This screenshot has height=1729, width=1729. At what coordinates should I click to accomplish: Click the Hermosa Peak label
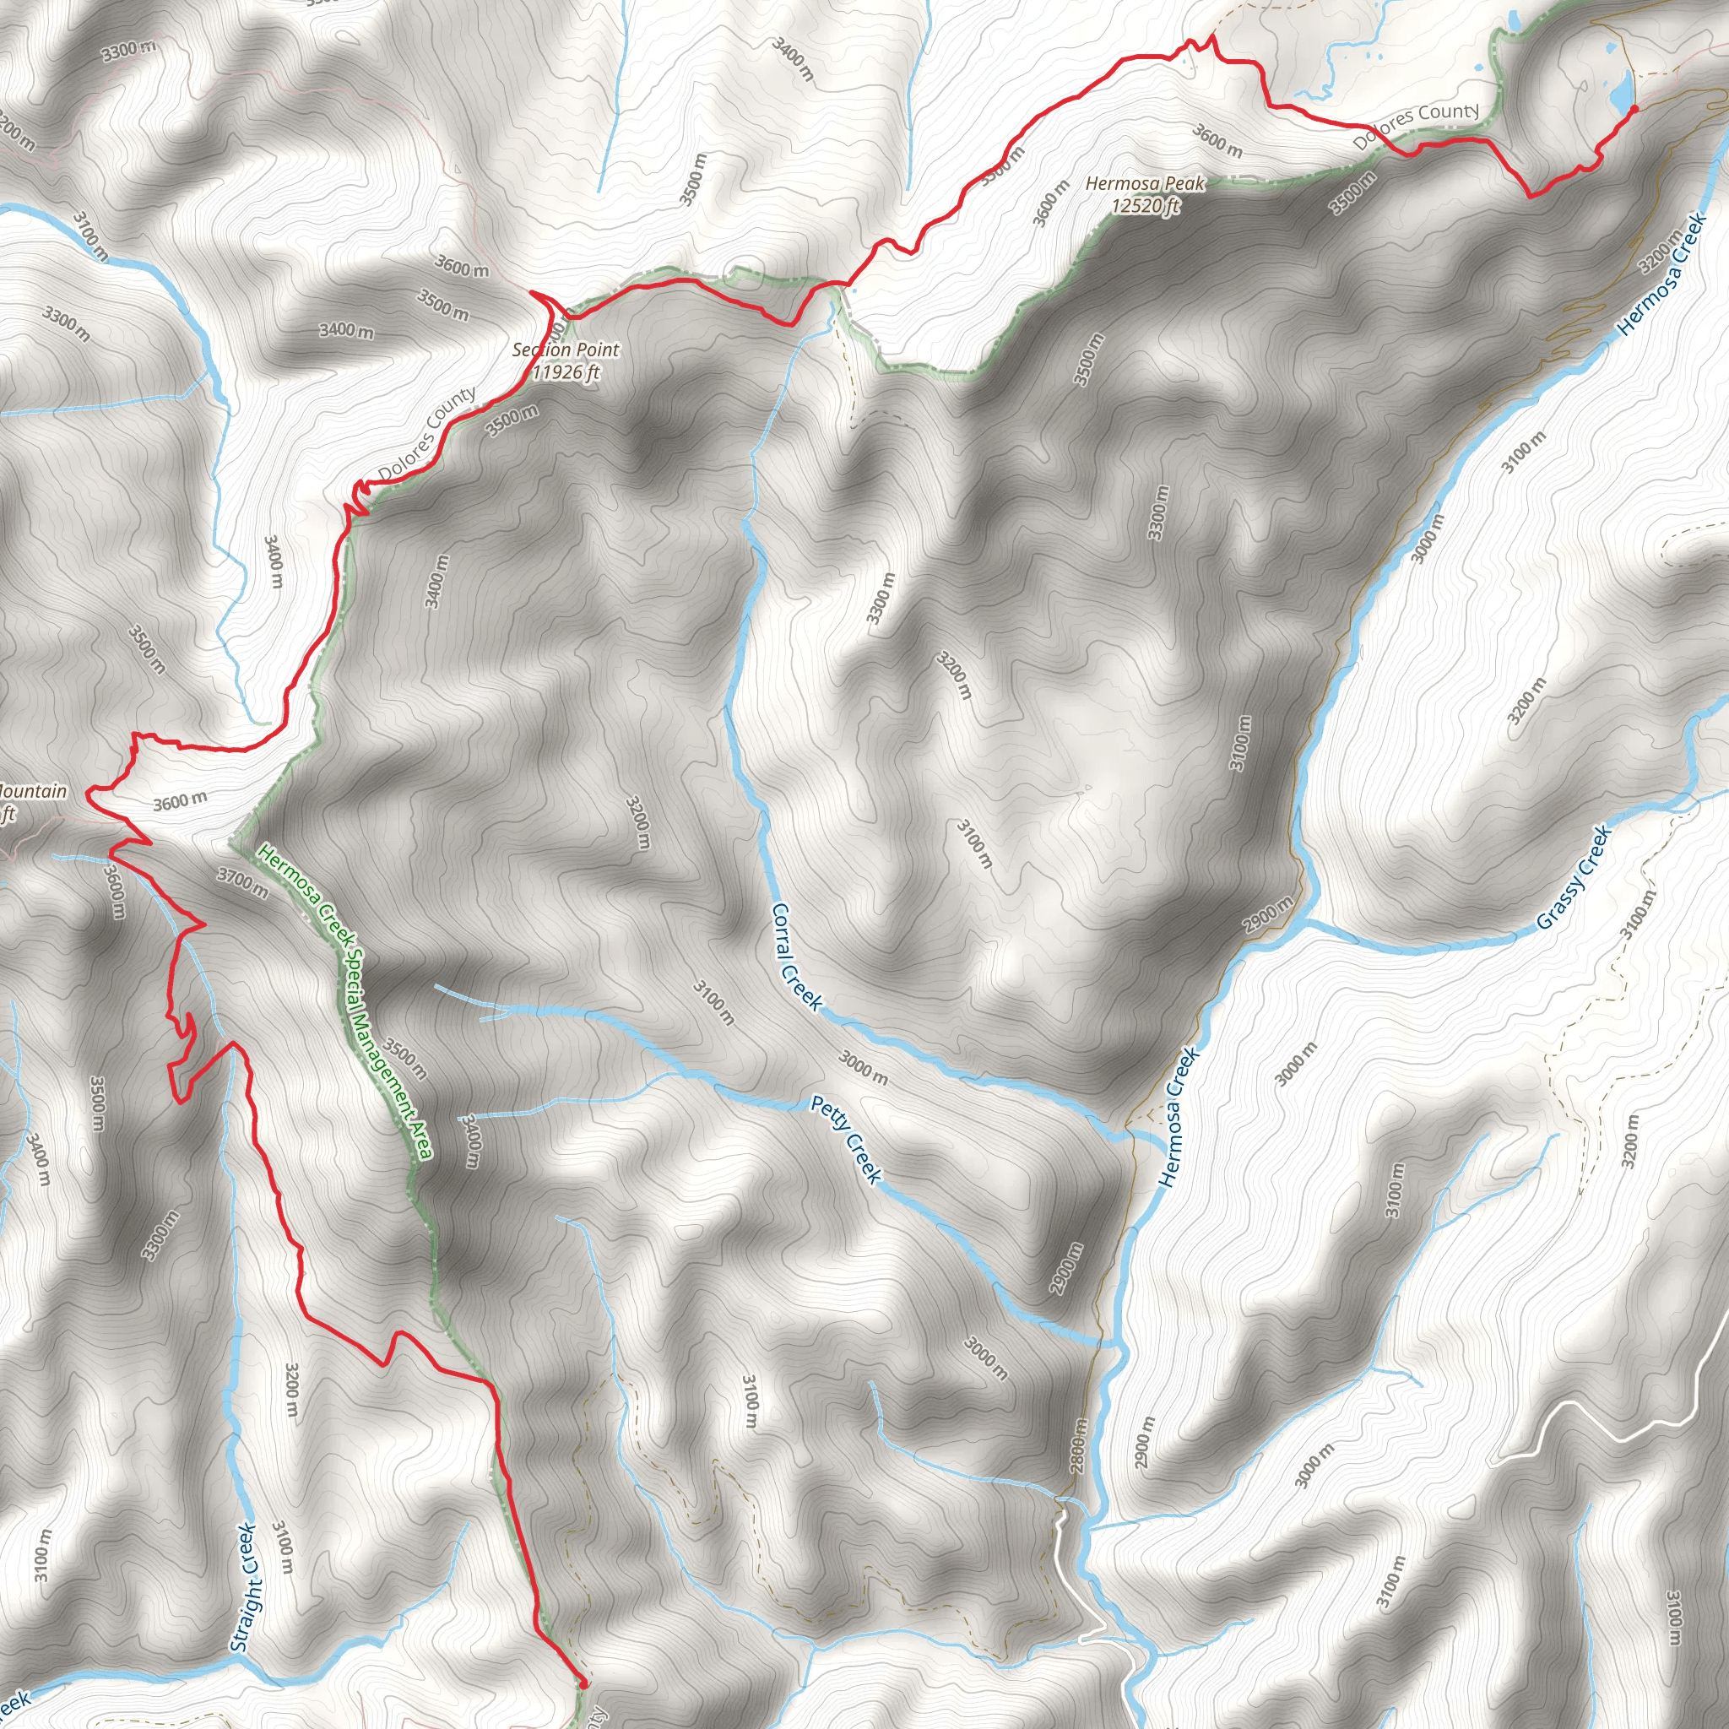pos(1145,184)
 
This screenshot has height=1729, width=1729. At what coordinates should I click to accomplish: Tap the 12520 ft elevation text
pos(1145,207)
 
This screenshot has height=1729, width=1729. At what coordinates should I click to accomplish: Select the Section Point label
pos(565,350)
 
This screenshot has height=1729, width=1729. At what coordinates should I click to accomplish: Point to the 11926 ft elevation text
pos(565,372)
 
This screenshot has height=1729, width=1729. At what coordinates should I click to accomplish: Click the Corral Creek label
pos(794,957)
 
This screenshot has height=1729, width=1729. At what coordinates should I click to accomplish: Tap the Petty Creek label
pos(847,1139)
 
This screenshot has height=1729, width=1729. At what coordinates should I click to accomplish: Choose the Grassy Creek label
pos(1574,878)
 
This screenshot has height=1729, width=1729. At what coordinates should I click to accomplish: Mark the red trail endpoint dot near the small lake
pos(1634,109)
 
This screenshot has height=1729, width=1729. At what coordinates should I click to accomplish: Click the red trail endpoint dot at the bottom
pos(583,1683)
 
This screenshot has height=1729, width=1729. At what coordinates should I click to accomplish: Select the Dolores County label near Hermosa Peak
pos(1416,125)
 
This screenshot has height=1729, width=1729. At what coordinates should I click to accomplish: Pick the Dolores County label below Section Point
pos(426,434)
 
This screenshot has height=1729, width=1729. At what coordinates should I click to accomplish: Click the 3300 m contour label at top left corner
pos(128,50)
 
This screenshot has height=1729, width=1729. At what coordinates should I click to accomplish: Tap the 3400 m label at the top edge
pos(793,58)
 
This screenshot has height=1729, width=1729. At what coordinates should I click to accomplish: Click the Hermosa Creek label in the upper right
pos(1661,274)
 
